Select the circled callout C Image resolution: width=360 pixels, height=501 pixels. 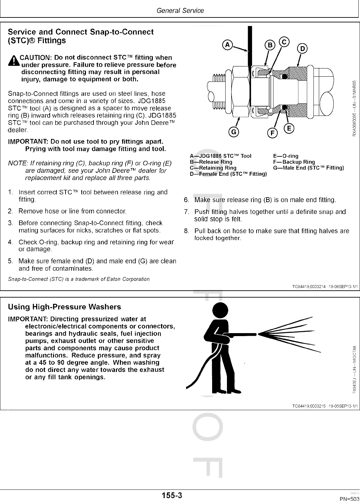pos(284,41)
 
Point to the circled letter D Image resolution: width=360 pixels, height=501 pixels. pos(302,49)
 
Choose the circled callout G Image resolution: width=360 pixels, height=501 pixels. pos(234,132)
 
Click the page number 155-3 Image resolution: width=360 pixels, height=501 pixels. pos(172,495)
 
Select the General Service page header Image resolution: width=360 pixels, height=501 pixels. pos(180,11)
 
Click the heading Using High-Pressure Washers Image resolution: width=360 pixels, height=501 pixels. pos(65,307)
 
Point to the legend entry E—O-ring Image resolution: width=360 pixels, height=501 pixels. pos(286,156)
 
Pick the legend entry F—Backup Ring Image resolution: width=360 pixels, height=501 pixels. pos(294,162)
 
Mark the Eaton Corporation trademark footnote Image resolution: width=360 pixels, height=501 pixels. pos(79,279)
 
